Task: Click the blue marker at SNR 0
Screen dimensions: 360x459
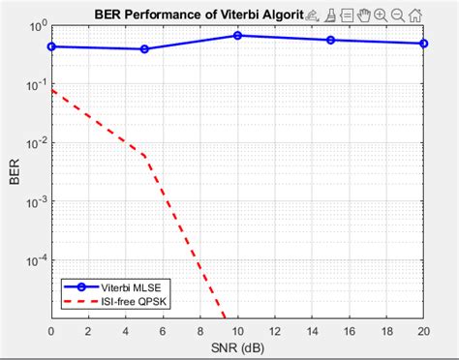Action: point(51,46)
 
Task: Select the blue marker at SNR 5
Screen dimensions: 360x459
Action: point(144,48)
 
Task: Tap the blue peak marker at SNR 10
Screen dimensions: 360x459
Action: point(237,36)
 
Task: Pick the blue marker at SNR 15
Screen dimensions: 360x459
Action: point(330,40)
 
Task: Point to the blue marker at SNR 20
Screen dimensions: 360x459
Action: point(423,44)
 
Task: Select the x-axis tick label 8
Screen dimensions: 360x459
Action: point(199,331)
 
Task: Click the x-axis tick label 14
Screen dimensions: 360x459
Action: point(312,331)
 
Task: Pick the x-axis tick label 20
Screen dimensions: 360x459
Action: point(423,331)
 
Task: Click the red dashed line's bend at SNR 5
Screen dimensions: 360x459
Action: point(144,156)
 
